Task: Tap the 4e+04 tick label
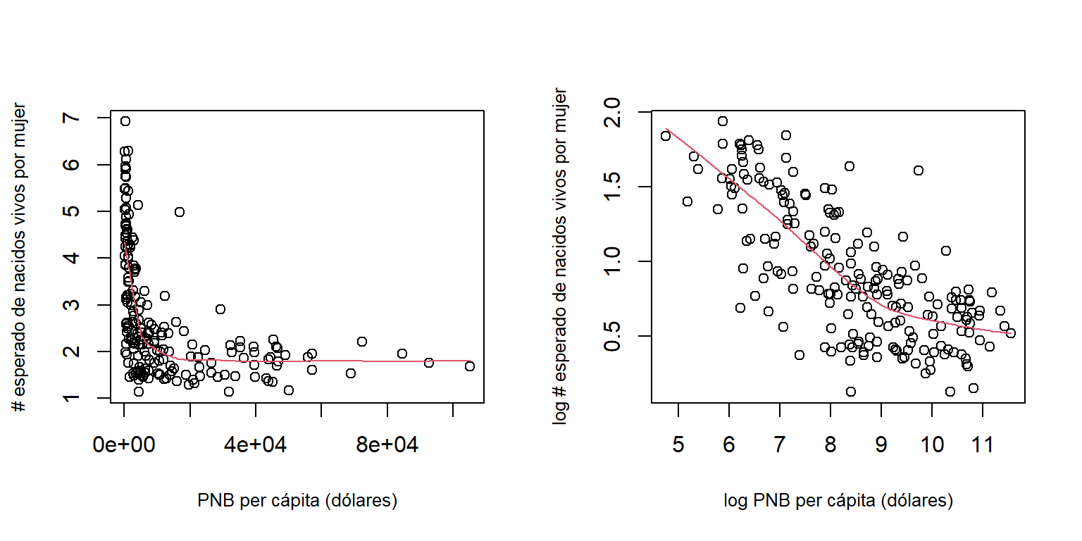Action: pos(256,446)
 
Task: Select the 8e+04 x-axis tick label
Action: pos(387,446)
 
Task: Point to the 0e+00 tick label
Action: pos(124,446)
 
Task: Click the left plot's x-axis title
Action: pos(297,501)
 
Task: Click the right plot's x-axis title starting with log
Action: pos(838,501)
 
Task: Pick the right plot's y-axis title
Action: pos(561,257)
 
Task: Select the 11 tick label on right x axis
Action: pos(982,446)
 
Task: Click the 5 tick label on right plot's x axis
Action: pos(678,446)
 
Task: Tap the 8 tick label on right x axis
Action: pos(830,446)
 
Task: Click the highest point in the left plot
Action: pos(125,121)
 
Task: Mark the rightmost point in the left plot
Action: pos(470,366)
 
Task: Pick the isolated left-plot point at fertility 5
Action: pos(180,212)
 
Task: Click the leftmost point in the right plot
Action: pos(666,136)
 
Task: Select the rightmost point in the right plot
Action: pos(1011,333)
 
